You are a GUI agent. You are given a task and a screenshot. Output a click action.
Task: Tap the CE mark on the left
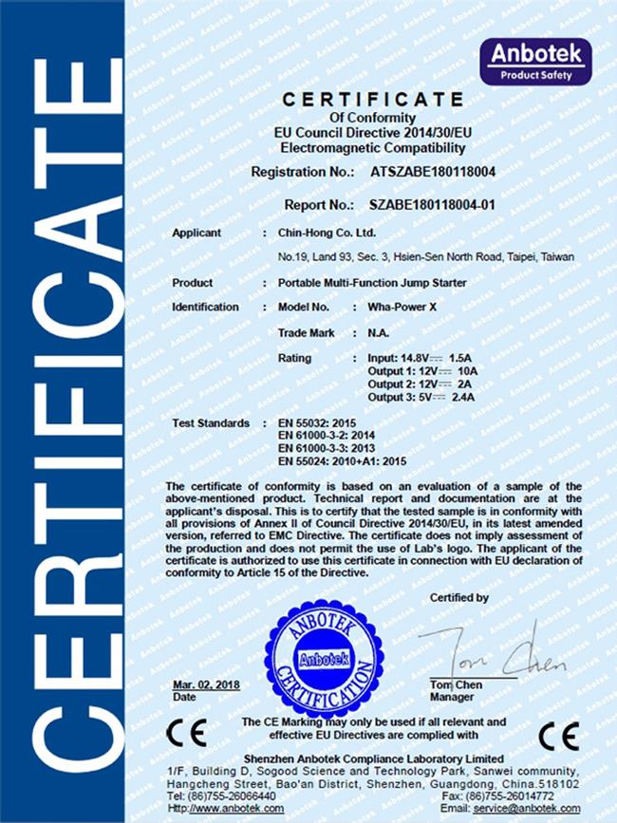point(180,733)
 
